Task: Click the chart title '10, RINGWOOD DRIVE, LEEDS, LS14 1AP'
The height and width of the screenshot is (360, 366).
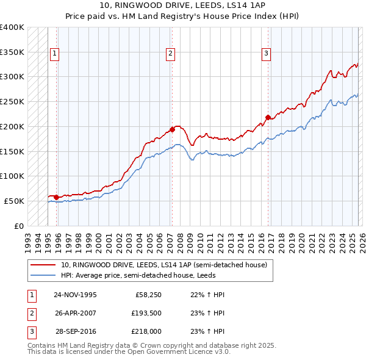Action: pyautogui.click(x=182, y=5)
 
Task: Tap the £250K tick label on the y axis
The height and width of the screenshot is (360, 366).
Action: pyautogui.click(x=12, y=102)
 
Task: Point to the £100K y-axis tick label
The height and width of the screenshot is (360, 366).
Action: pyautogui.click(x=12, y=176)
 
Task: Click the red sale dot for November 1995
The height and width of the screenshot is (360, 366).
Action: pyautogui.click(x=56, y=197)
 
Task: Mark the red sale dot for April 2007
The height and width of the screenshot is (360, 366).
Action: pyautogui.click(x=172, y=129)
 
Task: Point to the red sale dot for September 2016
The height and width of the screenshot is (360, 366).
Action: pyautogui.click(x=268, y=117)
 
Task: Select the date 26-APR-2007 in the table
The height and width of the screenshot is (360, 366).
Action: pyautogui.click(x=76, y=314)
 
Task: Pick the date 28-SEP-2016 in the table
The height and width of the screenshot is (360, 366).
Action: pyautogui.click(x=76, y=333)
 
